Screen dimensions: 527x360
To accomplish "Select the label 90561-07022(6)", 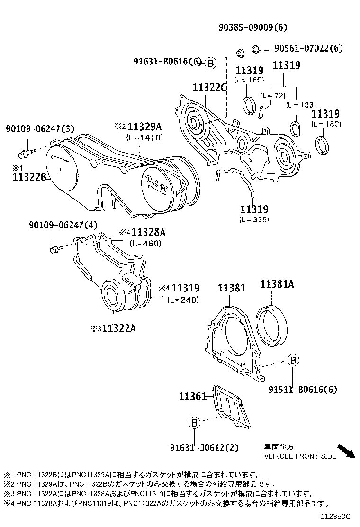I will point(308,48).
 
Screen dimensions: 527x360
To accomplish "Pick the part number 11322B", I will point(29,177).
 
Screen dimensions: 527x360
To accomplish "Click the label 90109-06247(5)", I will point(33,128).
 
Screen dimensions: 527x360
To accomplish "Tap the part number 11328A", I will point(148,232).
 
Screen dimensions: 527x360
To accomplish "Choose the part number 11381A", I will point(277,284).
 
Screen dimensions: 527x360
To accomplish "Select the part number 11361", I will point(192,396).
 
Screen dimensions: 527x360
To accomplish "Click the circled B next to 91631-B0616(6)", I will point(211,63).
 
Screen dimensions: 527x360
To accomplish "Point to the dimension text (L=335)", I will point(254,219).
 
